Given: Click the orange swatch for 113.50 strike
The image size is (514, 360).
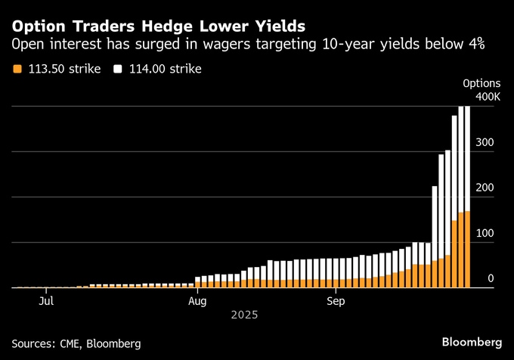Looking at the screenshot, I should point(17,70).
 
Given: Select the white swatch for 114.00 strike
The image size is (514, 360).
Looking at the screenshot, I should point(118,70).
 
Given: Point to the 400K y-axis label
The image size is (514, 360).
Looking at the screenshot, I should point(488,97).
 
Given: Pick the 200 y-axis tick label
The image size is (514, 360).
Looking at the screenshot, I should point(491,188).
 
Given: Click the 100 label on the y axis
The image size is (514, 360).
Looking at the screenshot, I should point(491,233).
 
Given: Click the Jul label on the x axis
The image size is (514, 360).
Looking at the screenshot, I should point(46,302).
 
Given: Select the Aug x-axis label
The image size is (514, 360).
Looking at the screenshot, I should point(197,302).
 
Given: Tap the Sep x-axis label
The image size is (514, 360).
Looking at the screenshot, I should point(336,302).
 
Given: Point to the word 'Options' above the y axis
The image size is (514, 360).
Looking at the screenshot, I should point(481,83).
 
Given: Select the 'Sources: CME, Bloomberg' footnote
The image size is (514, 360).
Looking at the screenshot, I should point(76,343).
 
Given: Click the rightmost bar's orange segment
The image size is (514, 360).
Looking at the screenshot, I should point(467,250).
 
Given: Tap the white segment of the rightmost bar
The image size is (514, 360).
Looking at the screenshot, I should point(467,159).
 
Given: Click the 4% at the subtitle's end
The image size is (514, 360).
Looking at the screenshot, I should point(475,45).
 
